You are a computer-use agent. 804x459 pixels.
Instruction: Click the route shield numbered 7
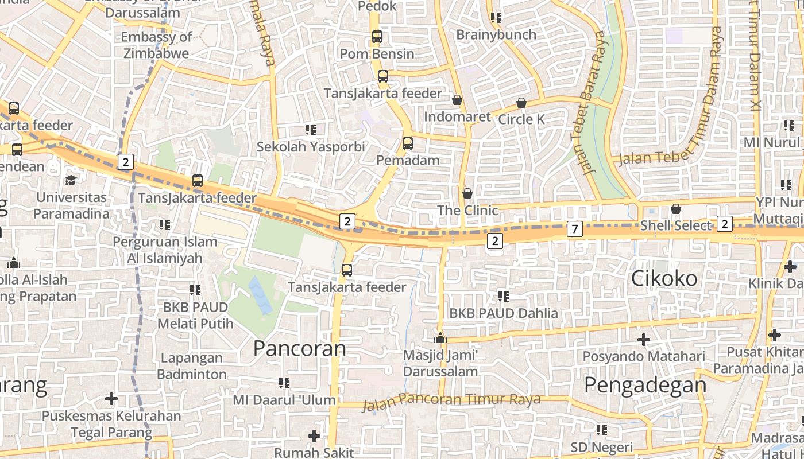(574, 229)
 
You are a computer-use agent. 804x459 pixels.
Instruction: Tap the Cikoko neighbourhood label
(664, 279)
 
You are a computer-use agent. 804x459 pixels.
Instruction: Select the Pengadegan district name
(645, 385)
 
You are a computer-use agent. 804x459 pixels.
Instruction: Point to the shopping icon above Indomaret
(457, 100)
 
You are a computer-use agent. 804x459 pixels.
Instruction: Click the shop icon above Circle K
(521, 103)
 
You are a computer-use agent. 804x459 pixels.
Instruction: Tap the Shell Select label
(676, 225)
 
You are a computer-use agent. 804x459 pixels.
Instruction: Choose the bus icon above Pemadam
(408, 143)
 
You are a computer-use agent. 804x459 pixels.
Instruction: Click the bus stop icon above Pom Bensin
(377, 37)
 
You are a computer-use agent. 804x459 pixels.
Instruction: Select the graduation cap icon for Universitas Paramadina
(71, 180)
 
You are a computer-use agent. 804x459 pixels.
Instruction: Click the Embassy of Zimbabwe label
(156, 45)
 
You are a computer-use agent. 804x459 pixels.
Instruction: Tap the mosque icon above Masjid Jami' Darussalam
(440, 339)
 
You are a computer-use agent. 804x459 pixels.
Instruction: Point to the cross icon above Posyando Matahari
(644, 340)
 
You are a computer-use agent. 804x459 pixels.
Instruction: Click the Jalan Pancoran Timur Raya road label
(451, 400)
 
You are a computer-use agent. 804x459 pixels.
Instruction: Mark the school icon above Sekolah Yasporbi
(311, 130)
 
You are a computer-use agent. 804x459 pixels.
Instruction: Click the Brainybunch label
(496, 34)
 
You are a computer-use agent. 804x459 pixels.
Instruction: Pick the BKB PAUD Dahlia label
(504, 313)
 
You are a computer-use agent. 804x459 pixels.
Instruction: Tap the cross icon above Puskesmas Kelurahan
(111, 398)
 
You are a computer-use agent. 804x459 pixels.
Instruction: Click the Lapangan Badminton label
(192, 366)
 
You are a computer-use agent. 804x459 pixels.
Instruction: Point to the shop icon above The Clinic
(467, 193)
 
